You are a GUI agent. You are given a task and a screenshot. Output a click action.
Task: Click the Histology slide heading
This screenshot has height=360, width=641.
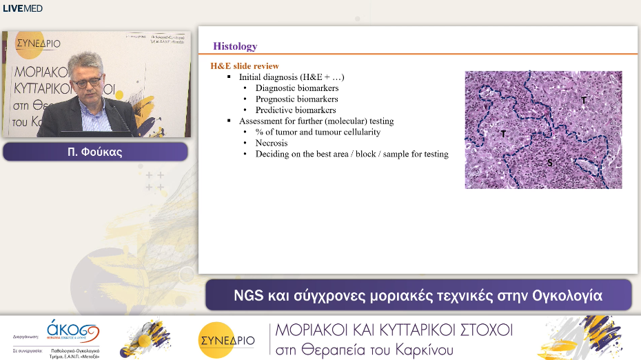coord(235,46)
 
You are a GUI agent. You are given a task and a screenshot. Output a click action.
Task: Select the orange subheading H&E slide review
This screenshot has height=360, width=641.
coord(245,66)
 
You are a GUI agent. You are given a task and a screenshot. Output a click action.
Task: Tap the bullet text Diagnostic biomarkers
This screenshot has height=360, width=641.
coord(297,88)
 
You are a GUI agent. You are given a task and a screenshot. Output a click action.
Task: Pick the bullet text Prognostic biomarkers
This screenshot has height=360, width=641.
coord(296,99)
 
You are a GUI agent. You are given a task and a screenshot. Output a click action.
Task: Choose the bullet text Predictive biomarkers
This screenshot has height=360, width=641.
coord(296,110)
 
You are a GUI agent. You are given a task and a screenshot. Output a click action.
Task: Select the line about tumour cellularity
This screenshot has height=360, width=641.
coord(318,132)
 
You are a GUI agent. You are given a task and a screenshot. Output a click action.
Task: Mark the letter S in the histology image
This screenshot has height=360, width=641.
coord(549,162)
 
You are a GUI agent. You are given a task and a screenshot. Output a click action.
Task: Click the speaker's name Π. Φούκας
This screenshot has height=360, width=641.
coord(95,152)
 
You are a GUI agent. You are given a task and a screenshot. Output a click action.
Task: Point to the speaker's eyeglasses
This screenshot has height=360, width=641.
coord(88,82)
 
